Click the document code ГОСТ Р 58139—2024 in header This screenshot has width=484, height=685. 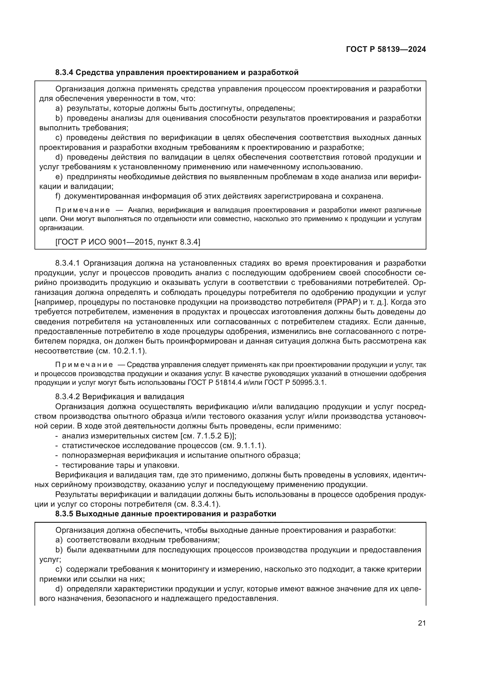pos(386,49)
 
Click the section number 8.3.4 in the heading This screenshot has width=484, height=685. pos(64,73)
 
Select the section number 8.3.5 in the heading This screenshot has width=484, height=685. pos(64,514)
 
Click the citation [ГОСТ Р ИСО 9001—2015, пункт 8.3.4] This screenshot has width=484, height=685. pos(128,242)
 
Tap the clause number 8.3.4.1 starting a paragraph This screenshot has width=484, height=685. pos(68,263)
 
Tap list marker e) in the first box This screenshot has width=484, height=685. pos(59,177)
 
